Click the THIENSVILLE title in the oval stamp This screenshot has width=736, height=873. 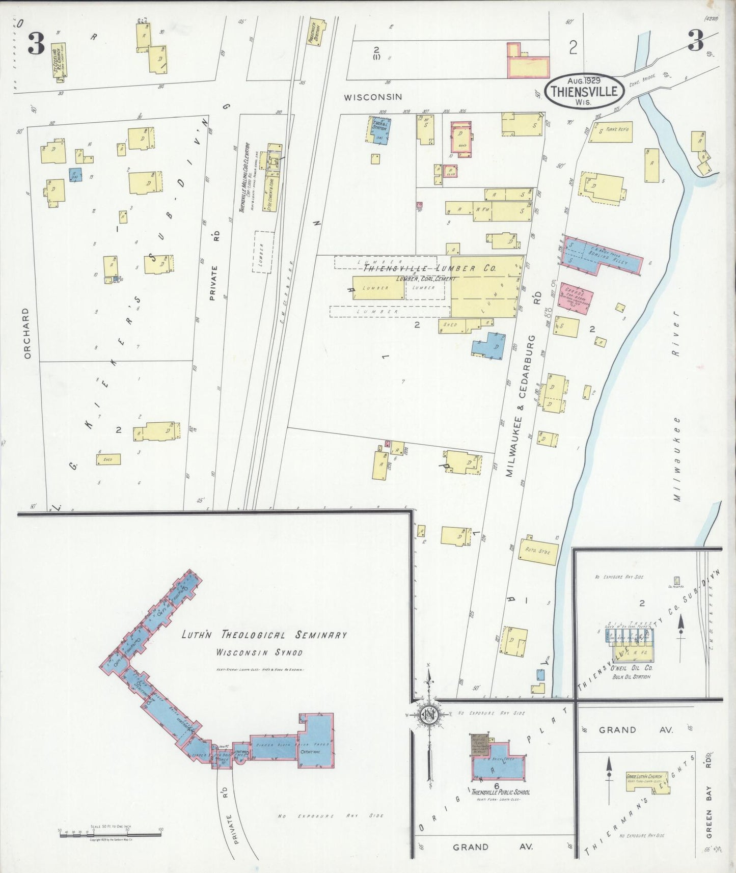click(584, 92)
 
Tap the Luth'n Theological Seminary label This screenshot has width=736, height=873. click(264, 635)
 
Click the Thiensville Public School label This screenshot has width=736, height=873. click(500, 792)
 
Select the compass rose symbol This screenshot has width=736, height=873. click(429, 715)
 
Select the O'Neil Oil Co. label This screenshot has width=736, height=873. click(632, 668)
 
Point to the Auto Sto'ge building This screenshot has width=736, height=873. click(538, 552)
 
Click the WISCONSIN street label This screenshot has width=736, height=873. click(372, 97)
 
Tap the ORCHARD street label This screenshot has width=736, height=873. click(28, 333)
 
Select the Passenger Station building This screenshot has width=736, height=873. click(316, 33)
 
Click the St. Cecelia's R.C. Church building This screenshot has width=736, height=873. click(58, 62)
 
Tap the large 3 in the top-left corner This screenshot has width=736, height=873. click(36, 43)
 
